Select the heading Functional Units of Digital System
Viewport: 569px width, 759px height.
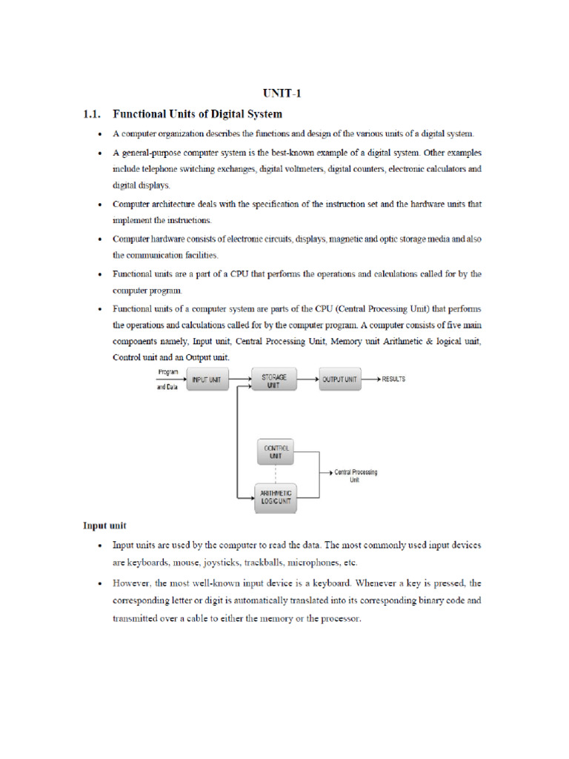197,114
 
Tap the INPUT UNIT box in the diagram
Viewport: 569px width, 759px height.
207,379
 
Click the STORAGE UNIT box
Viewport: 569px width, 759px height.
274,380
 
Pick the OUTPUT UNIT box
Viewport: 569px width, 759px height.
340,379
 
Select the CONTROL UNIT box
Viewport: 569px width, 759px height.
274,452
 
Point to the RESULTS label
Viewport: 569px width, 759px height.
393,379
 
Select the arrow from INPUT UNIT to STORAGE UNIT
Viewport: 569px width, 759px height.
241,379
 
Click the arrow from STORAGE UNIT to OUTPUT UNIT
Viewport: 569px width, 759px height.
307,379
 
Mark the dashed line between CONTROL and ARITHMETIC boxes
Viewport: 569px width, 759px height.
274,474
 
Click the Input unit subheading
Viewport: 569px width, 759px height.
104,526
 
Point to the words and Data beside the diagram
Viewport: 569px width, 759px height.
167,388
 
